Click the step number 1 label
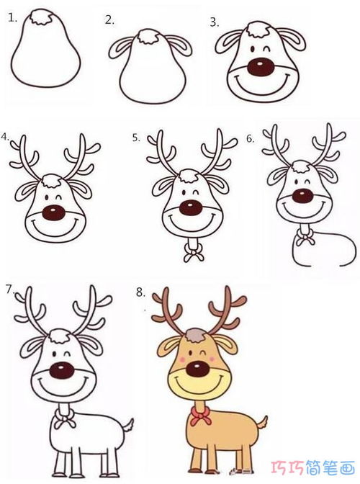click(13, 18)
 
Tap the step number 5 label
click(136, 138)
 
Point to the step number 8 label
click(140, 292)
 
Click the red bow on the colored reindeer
click(200, 415)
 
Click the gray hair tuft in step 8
click(195, 335)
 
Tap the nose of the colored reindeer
click(197, 368)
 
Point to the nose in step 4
click(53, 212)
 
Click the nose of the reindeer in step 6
click(302, 196)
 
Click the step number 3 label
click(215, 22)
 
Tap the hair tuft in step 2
click(148, 37)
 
